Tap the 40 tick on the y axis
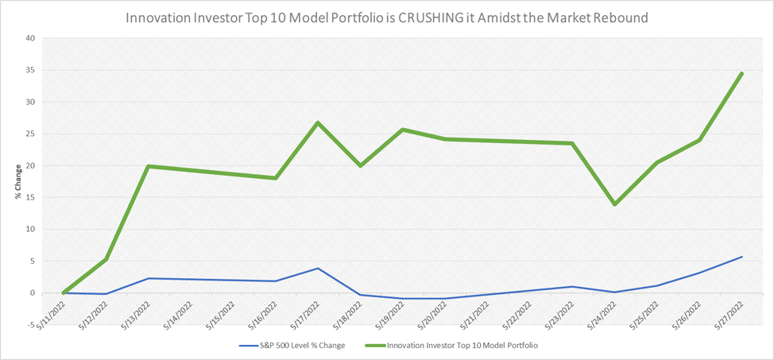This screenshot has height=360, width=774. click(x=29, y=38)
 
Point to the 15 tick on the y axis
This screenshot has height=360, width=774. click(x=29, y=198)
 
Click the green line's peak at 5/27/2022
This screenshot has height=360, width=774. click(x=741, y=74)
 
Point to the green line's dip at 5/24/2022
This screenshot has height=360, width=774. click(x=614, y=204)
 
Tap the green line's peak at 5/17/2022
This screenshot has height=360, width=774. click(x=318, y=122)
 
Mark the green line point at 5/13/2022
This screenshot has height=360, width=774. click(x=149, y=166)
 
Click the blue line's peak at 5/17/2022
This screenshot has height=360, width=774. click(x=318, y=269)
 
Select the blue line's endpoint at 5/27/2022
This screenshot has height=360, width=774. click(x=741, y=257)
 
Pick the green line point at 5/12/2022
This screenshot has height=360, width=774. click(x=106, y=260)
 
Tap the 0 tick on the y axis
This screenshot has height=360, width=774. click(x=32, y=293)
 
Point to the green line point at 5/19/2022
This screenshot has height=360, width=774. click(x=403, y=130)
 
